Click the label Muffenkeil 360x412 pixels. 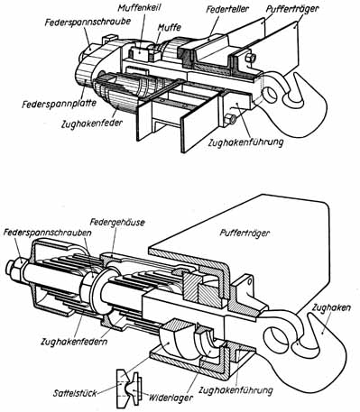tap(139, 8)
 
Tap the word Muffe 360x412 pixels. tap(170, 27)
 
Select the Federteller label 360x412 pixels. tap(227, 9)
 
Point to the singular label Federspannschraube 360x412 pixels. tap(88, 23)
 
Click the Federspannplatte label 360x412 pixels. tap(59, 104)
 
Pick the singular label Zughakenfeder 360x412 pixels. tap(92, 124)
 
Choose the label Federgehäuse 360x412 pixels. tap(117, 223)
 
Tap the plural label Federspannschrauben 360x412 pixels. tap(48, 233)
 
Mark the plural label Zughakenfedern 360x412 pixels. tap(74, 342)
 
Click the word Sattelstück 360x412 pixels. tap(76, 393)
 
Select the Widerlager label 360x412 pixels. tap(171, 398)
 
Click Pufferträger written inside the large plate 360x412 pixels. tap(245, 233)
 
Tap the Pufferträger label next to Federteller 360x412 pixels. tap(292, 9)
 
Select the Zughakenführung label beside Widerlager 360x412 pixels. tap(235, 390)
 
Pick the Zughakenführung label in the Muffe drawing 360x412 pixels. tap(245, 142)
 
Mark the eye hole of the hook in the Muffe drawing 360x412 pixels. tap(270, 94)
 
